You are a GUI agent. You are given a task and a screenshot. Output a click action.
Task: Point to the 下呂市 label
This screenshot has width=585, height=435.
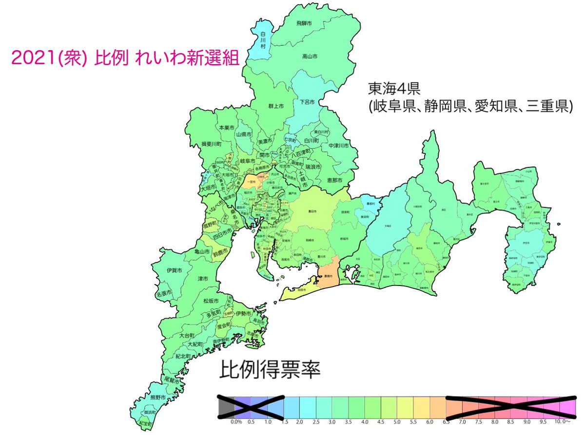tap(307, 102)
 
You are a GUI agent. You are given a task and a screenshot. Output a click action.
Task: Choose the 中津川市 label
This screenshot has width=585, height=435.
tap(339, 145)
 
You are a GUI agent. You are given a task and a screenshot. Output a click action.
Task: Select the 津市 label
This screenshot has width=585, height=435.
tap(203, 279)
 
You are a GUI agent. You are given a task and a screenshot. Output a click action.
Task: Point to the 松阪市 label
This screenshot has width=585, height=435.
tap(211, 301)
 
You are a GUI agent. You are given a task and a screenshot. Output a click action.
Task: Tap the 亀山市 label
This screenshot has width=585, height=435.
tap(202, 252)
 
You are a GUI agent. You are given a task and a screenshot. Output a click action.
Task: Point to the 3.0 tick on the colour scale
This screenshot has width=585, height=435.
tap(332, 421)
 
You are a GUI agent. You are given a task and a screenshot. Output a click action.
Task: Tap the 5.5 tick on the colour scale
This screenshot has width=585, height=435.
tap(413, 421)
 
